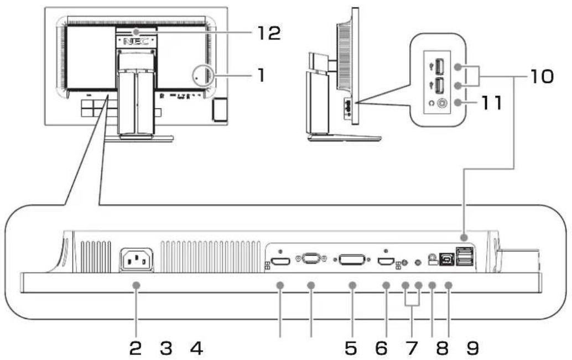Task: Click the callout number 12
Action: tap(269, 33)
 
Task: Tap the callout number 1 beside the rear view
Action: tap(261, 75)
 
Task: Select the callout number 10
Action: tap(542, 77)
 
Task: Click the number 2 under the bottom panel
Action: tap(136, 348)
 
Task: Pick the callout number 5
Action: tap(351, 348)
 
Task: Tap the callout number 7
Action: tap(412, 348)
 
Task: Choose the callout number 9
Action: tap(473, 348)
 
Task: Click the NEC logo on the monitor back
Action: tap(136, 41)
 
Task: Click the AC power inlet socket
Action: tap(136, 260)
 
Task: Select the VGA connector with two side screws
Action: tap(311, 259)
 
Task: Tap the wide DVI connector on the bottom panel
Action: tap(352, 260)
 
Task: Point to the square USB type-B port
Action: tap(446, 259)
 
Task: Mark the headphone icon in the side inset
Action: tap(431, 103)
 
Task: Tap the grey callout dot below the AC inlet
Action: tap(136, 285)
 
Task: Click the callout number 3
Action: tap(166, 348)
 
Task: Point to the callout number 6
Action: tap(382, 348)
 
